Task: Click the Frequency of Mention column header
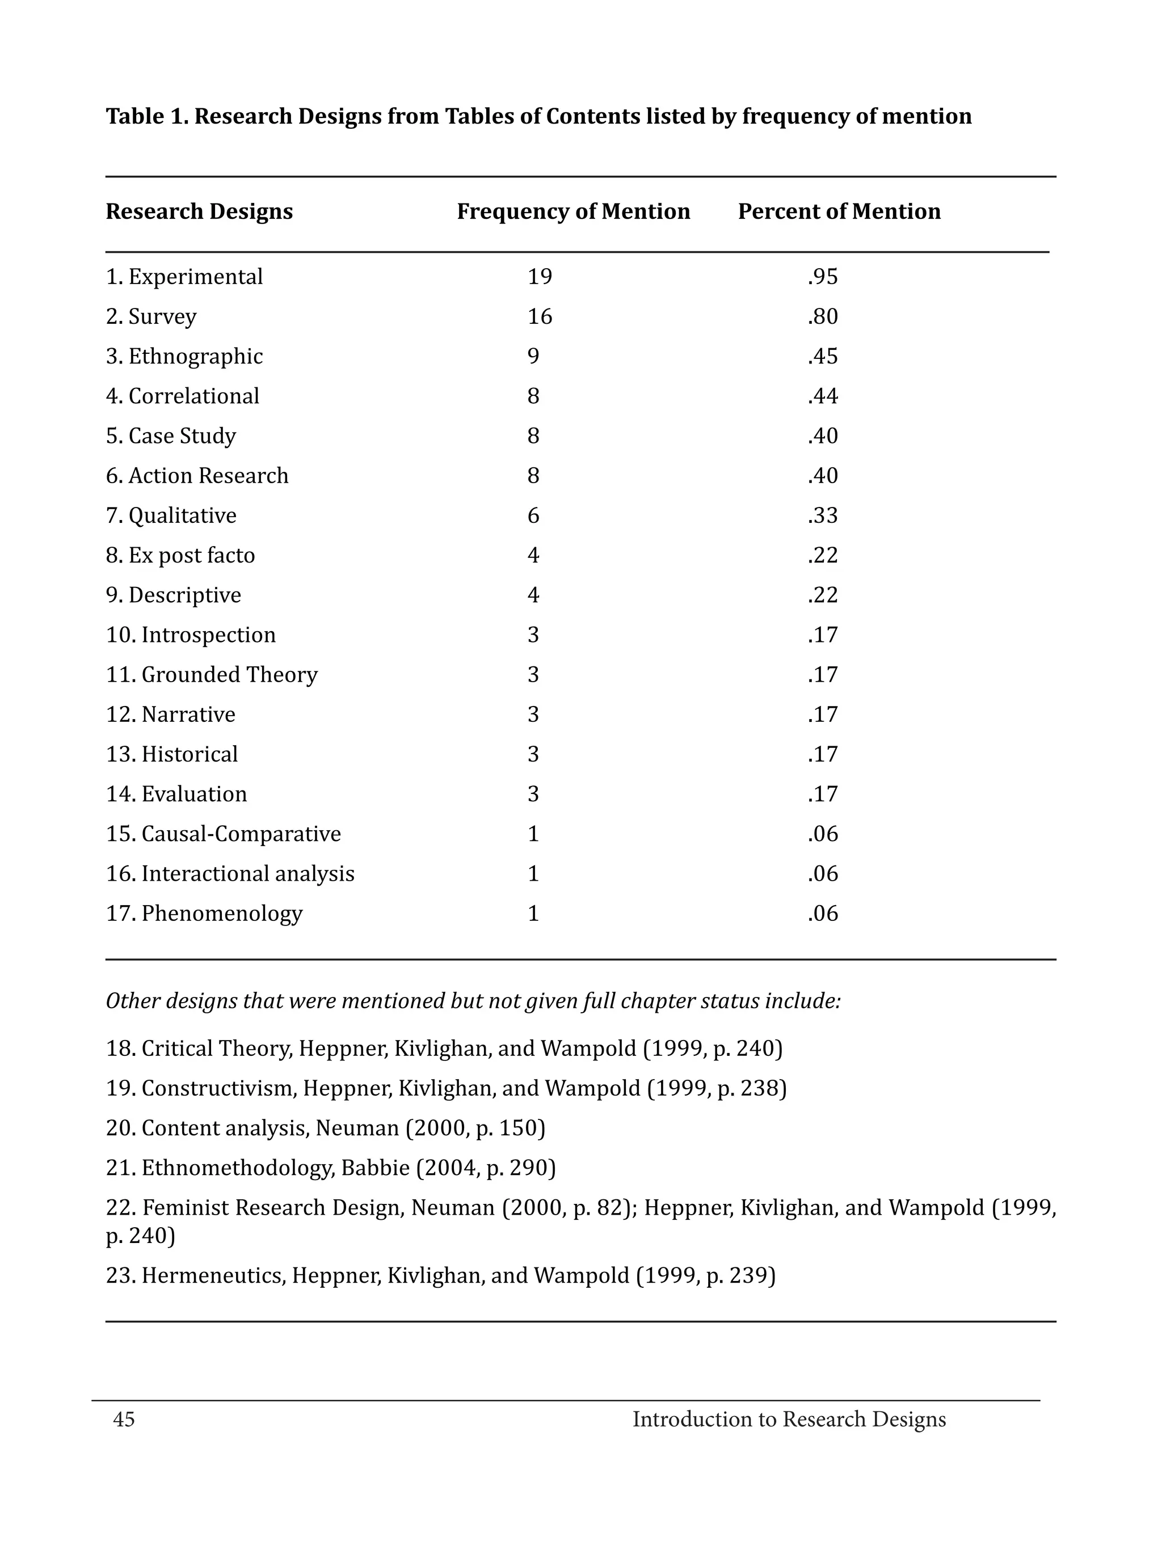click(573, 212)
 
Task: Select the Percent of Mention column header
click(839, 212)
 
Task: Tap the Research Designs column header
click(199, 212)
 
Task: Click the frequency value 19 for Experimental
click(540, 277)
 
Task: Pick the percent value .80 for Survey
click(823, 316)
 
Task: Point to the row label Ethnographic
click(195, 357)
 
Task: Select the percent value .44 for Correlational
click(823, 396)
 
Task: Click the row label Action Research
click(208, 476)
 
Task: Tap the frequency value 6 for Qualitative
click(533, 515)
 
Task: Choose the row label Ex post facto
click(191, 555)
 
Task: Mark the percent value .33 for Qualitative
click(823, 515)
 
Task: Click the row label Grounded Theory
click(229, 675)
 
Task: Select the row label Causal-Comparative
click(241, 834)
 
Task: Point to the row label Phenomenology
click(222, 913)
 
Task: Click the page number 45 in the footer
click(124, 1419)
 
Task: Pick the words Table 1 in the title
click(146, 116)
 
